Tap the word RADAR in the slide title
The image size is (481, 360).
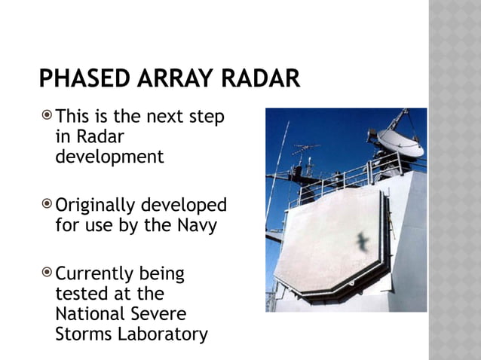(x=258, y=78)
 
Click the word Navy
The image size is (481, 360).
(x=198, y=224)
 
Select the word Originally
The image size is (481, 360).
(x=97, y=206)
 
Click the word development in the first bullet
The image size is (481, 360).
(x=109, y=157)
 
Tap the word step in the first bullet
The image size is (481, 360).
(x=209, y=117)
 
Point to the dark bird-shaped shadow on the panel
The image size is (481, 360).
(x=363, y=243)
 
